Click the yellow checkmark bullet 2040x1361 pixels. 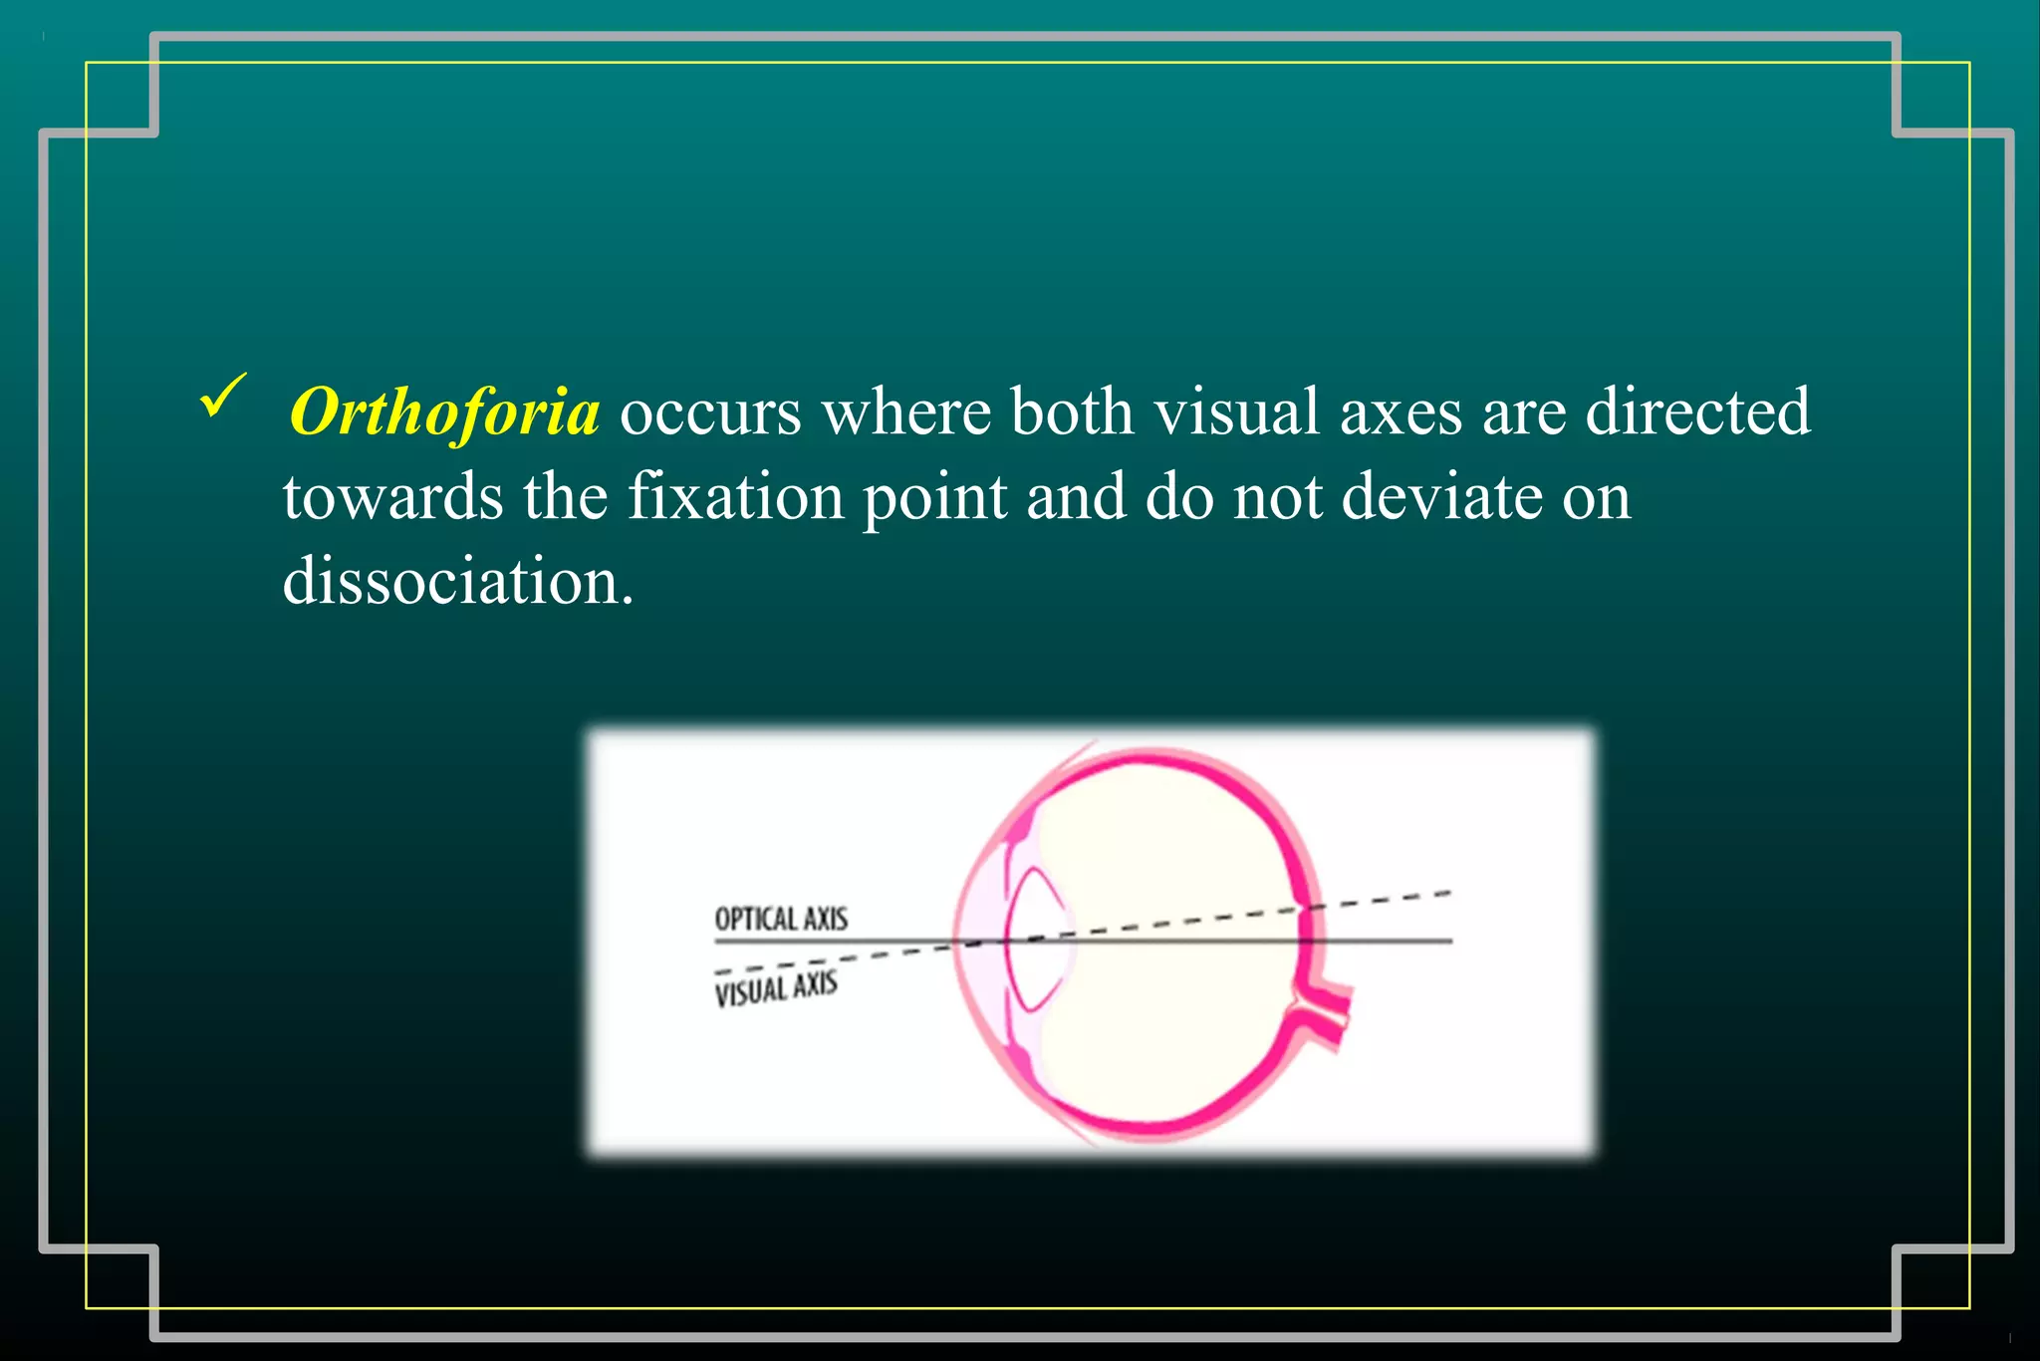[222, 396]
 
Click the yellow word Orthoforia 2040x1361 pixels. [444, 412]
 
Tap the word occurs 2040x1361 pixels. [710, 412]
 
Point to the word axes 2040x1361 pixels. [1401, 412]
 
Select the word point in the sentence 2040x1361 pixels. [934, 498]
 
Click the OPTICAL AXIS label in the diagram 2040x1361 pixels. [781, 919]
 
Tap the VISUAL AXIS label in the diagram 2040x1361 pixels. [776, 989]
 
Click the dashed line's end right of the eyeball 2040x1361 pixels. [1446, 893]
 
